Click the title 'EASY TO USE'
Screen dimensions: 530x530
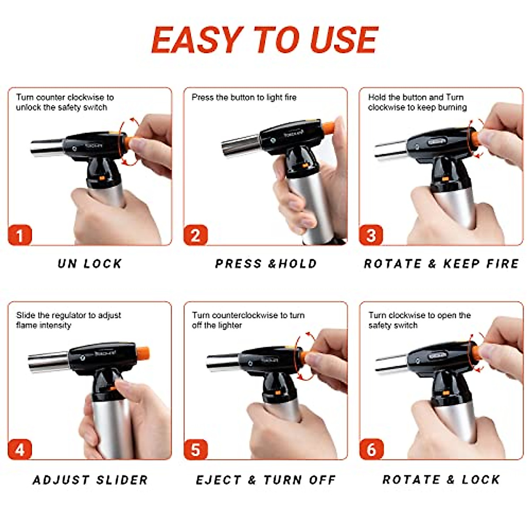point(265,40)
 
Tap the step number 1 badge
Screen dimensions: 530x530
point(20,235)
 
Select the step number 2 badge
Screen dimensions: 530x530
point(195,235)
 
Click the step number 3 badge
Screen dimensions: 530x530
point(371,235)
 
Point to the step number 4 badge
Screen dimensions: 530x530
point(20,450)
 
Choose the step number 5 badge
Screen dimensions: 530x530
point(195,450)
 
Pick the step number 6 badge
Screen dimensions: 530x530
point(371,450)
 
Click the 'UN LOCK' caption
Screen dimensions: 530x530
point(90,264)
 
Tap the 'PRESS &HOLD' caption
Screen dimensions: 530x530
point(266,264)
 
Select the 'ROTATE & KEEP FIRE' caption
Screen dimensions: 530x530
point(441,264)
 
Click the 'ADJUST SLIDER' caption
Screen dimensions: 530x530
point(90,480)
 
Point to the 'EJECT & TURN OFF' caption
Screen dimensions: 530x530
point(266,480)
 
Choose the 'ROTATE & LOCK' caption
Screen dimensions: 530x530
point(441,480)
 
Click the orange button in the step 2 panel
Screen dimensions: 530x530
point(328,128)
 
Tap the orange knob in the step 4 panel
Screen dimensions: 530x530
point(143,353)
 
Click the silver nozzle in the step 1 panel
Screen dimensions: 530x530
point(47,148)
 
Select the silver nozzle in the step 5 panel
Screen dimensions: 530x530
point(223,362)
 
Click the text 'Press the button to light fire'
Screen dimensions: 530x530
point(244,97)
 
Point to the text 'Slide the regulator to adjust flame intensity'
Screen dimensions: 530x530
point(68,320)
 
